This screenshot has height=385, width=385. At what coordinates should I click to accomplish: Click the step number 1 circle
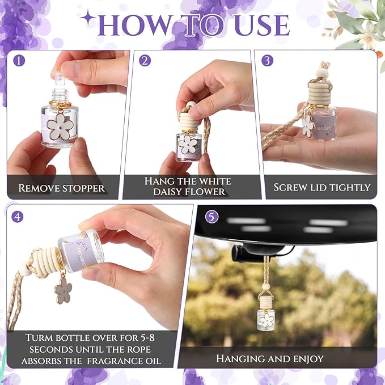pos(20,60)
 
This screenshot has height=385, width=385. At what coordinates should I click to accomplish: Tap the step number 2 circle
pos(145,60)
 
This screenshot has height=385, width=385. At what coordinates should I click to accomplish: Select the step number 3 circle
pos(268,60)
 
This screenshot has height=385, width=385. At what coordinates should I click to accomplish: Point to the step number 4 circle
pos(18,216)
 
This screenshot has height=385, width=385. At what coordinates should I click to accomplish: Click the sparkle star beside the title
pos(88,18)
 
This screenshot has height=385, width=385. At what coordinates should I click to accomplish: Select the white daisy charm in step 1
pos(58,125)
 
